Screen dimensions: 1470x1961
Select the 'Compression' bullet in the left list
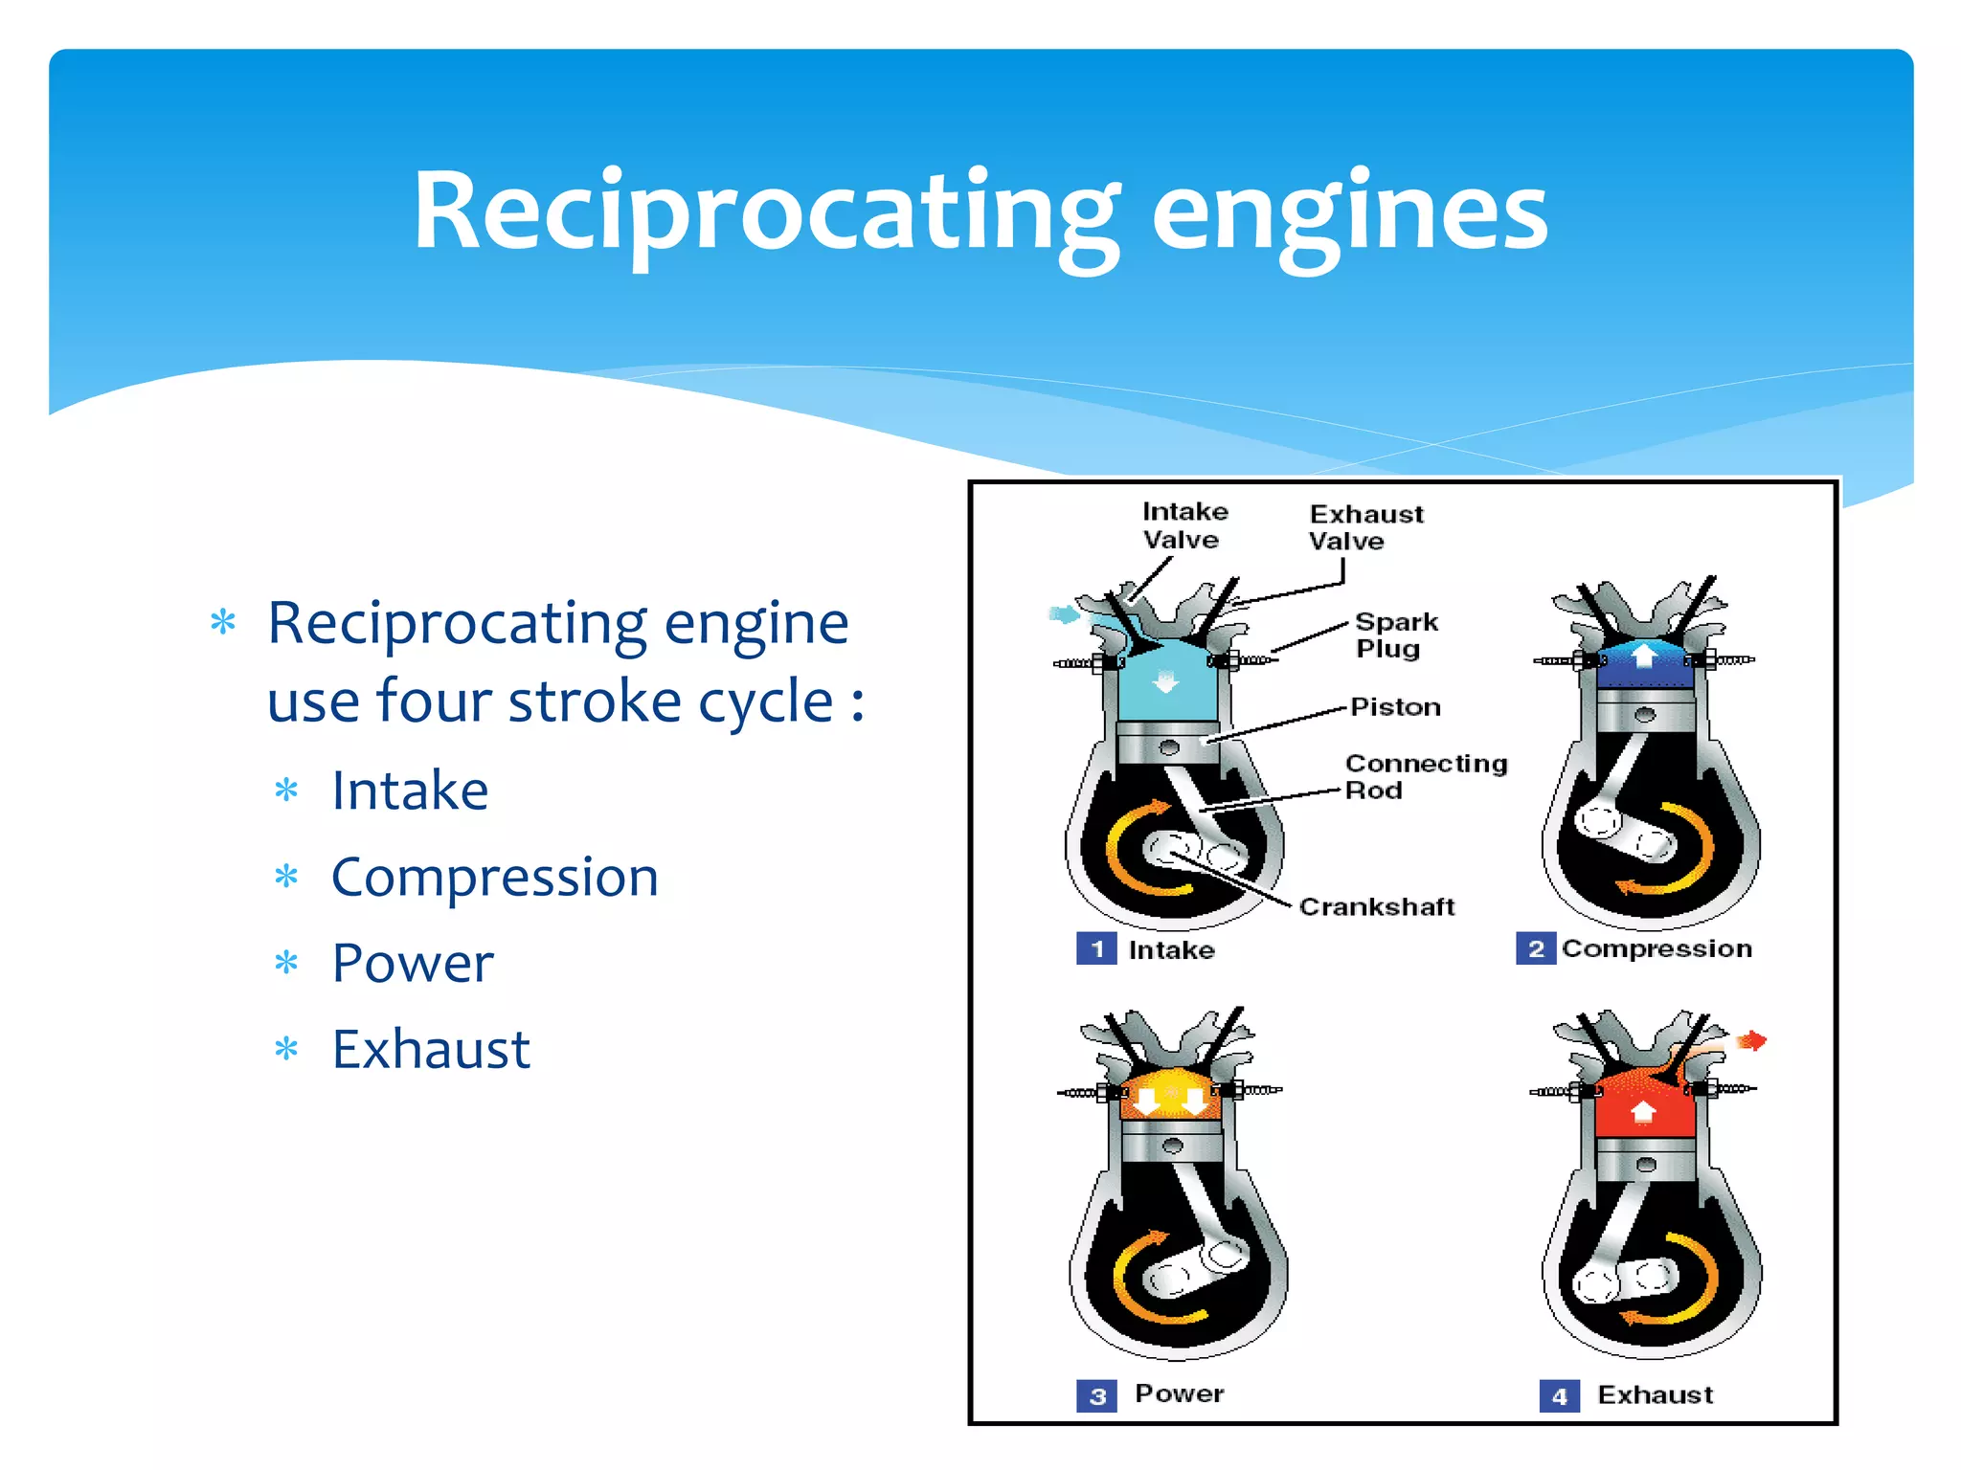pos(494,877)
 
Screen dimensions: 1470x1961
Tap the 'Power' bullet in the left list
pos(413,963)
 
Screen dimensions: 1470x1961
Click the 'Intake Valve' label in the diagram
pos(1183,525)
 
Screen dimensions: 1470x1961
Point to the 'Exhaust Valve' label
pos(1364,527)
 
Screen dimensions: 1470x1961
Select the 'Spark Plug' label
pos(1395,635)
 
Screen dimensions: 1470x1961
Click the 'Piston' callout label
pos(1395,707)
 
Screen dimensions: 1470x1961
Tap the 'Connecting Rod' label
pos(1424,776)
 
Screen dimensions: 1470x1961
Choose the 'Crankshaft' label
pos(1376,906)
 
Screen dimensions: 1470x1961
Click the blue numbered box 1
pos(1096,948)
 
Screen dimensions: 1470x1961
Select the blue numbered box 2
pos(1535,948)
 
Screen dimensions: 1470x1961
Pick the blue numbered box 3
pos(1096,1395)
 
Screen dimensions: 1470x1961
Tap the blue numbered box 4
pos(1559,1396)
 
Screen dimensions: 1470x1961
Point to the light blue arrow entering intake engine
pos(1064,614)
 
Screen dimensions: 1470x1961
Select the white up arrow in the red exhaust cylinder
pos(1643,1111)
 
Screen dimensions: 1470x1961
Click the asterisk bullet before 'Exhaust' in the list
pos(286,1050)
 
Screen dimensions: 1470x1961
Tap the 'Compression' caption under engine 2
pos(1657,948)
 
